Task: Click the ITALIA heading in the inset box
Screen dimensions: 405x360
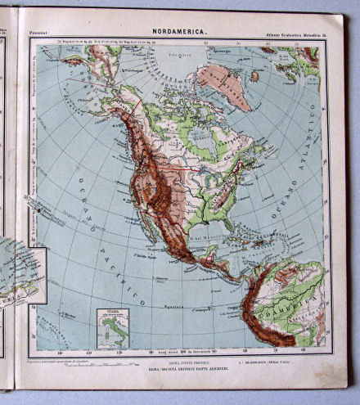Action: (x=110, y=313)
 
